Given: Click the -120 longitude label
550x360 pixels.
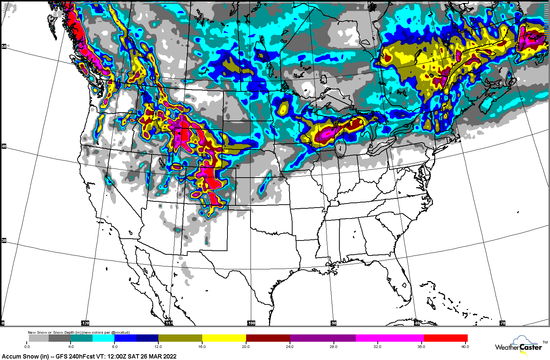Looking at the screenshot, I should (x=85, y=323).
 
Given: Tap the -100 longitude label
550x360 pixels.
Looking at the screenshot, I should (x=251, y=323).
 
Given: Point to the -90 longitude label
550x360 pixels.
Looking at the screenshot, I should (x=334, y=323).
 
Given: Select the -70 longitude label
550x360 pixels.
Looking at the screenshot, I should (x=502, y=323).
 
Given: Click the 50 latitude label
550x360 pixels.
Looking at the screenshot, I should (x=4, y=47).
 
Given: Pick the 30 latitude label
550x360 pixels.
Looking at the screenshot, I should (x=4, y=240).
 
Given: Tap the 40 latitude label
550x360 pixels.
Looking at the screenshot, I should (x=4, y=147).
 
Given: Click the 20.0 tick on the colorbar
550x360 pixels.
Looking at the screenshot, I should (x=246, y=346).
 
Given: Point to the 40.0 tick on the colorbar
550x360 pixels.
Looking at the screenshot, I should (x=464, y=346).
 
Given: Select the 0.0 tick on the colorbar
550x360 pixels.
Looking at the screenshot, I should (x=27, y=346).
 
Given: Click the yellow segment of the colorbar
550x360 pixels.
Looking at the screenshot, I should (x=224, y=338).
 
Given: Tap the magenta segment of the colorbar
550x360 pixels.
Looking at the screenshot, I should (x=390, y=338).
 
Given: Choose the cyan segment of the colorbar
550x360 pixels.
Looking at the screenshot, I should (x=103, y=338).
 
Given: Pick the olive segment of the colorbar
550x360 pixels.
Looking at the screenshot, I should (x=180, y=338).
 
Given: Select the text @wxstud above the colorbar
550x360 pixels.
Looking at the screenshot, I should (x=120, y=333).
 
